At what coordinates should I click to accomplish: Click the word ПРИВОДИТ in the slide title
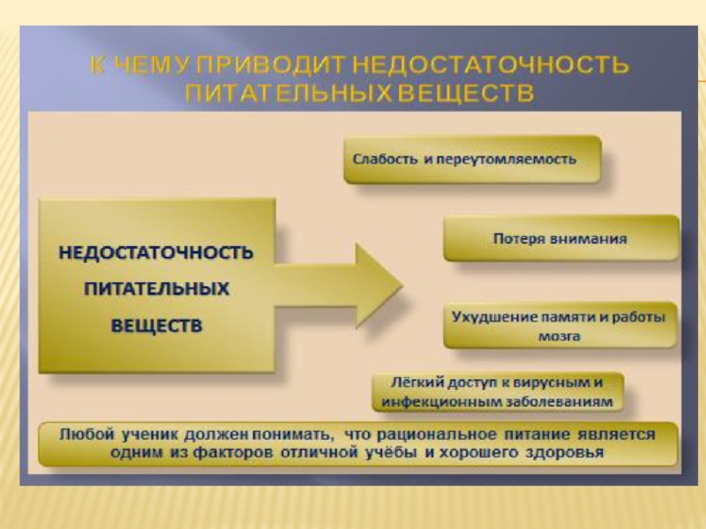coord(277,65)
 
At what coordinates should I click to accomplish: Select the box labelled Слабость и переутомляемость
coord(472,160)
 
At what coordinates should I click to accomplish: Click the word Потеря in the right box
coord(516,238)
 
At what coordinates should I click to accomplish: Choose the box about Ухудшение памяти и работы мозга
coord(560,324)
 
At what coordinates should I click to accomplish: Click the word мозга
coord(559,336)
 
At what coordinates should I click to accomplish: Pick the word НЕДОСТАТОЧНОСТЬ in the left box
coord(156,253)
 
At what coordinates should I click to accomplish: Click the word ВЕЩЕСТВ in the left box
coord(156,325)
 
